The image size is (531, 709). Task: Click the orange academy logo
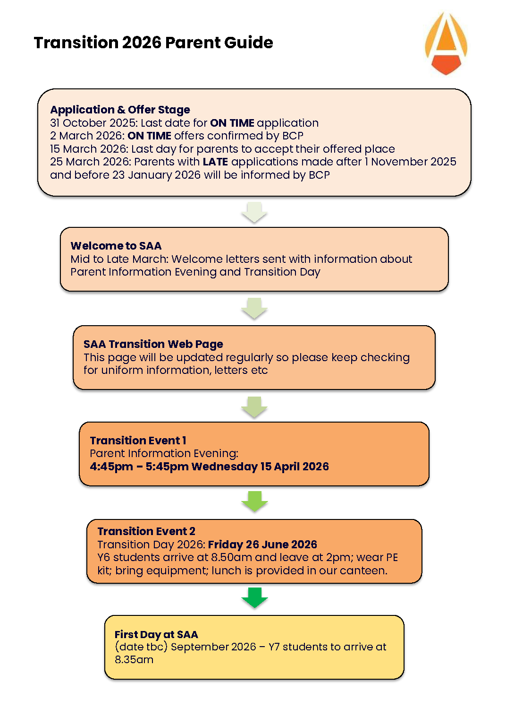coord(446,44)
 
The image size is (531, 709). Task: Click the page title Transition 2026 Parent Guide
coord(153,43)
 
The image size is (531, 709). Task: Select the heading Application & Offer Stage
coord(120,110)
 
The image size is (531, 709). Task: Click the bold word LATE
coord(215,162)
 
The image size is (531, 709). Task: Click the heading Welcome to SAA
coord(116,246)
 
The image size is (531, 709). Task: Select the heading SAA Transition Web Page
coord(153,344)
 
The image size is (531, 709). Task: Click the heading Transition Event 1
coord(138,441)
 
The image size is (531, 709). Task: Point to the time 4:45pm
coord(111,467)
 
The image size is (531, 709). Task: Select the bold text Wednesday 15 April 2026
coord(260,467)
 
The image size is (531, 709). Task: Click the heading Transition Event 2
coord(146,531)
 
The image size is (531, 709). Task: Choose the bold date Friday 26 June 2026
coord(262,545)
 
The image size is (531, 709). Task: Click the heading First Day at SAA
coord(156,634)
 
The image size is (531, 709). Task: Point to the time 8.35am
coord(134,660)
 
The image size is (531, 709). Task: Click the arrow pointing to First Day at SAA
coord(254,597)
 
